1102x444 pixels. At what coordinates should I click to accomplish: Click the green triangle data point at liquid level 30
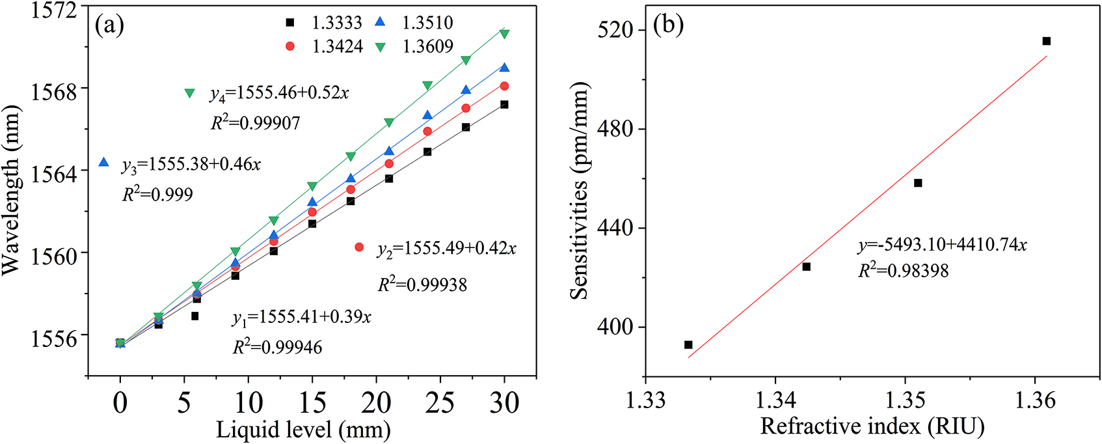[504, 33]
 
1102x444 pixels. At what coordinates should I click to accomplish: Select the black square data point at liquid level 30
[504, 105]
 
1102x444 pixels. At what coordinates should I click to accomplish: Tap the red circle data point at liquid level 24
[427, 132]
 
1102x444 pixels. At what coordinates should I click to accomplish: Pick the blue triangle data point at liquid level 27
[466, 90]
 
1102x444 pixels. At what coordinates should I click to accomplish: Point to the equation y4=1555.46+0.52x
[279, 93]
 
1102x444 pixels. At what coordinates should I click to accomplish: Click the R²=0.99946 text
[278, 347]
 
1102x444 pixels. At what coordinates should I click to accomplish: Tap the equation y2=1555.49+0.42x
[446, 249]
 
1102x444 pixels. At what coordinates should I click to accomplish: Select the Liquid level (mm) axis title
[303, 430]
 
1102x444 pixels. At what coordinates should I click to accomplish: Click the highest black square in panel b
[1047, 41]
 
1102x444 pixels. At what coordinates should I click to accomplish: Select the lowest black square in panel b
[688, 345]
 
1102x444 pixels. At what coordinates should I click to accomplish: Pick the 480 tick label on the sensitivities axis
[615, 129]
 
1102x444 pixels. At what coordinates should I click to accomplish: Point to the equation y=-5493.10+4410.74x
[942, 245]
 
